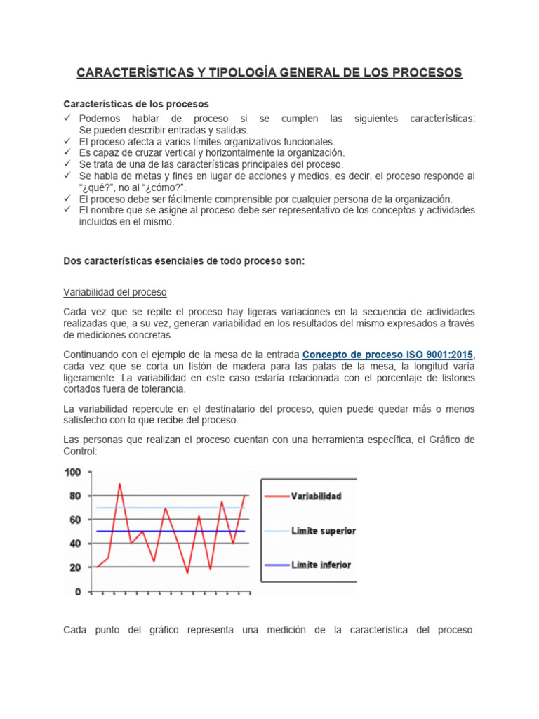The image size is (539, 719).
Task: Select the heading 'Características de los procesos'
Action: [x=136, y=104]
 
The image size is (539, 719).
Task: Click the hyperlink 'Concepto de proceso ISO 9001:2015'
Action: [x=388, y=354]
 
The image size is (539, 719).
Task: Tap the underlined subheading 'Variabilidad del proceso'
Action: [x=115, y=292]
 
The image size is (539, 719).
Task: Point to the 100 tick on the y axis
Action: [x=72, y=472]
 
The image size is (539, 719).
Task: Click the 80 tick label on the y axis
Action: [x=75, y=496]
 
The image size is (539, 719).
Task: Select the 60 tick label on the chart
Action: [x=75, y=520]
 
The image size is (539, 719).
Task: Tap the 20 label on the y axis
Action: [x=75, y=567]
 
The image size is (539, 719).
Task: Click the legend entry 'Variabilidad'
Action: [x=317, y=496]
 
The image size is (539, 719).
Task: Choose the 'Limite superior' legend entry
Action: [x=324, y=531]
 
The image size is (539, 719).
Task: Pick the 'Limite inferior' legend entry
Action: [x=321, y=565]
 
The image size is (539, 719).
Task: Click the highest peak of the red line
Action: [x=119, y=484]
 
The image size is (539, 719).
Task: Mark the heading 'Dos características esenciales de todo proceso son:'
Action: [x=184, y=260]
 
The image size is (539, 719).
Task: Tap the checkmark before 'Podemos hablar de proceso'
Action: [x=68, y=119]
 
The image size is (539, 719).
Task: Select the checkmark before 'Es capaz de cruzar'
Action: [x=68, y=152]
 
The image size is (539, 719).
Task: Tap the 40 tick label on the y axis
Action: [x=75, y=543]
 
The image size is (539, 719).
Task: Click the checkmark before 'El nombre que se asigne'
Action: [x=68, y=210]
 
